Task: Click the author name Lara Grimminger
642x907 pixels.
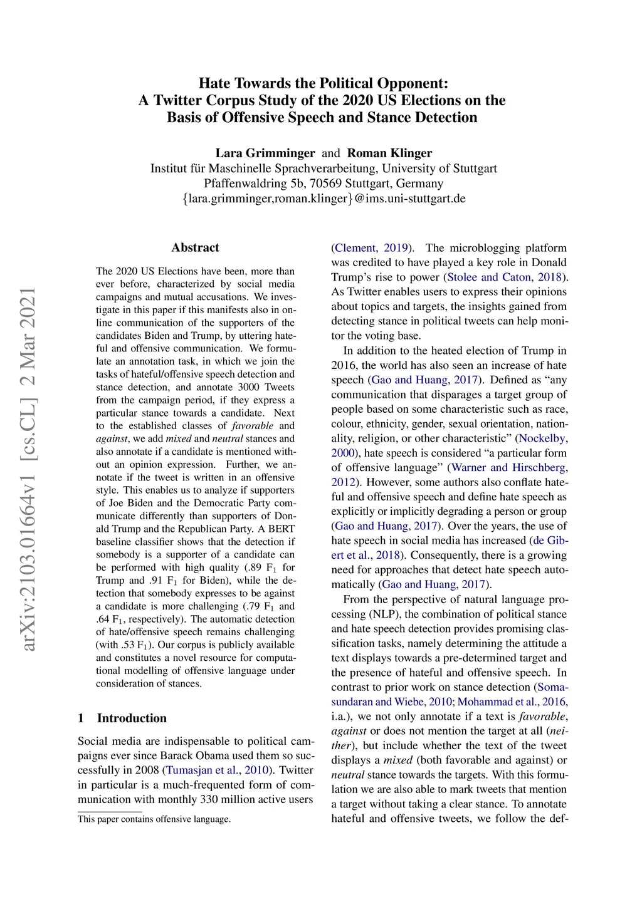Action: coord(265,153)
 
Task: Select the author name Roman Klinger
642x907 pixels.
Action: coord(389,153)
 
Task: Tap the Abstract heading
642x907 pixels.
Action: coord(195,247)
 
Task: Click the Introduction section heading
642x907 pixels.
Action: coord(132,718)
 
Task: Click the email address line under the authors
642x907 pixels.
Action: coord(324,199)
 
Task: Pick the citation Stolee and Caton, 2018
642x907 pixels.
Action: coord(505,277)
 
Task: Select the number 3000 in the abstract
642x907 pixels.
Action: coord(248,387)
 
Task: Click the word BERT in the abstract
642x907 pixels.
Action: coord(282,529)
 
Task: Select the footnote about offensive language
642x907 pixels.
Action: coord(154,819)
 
